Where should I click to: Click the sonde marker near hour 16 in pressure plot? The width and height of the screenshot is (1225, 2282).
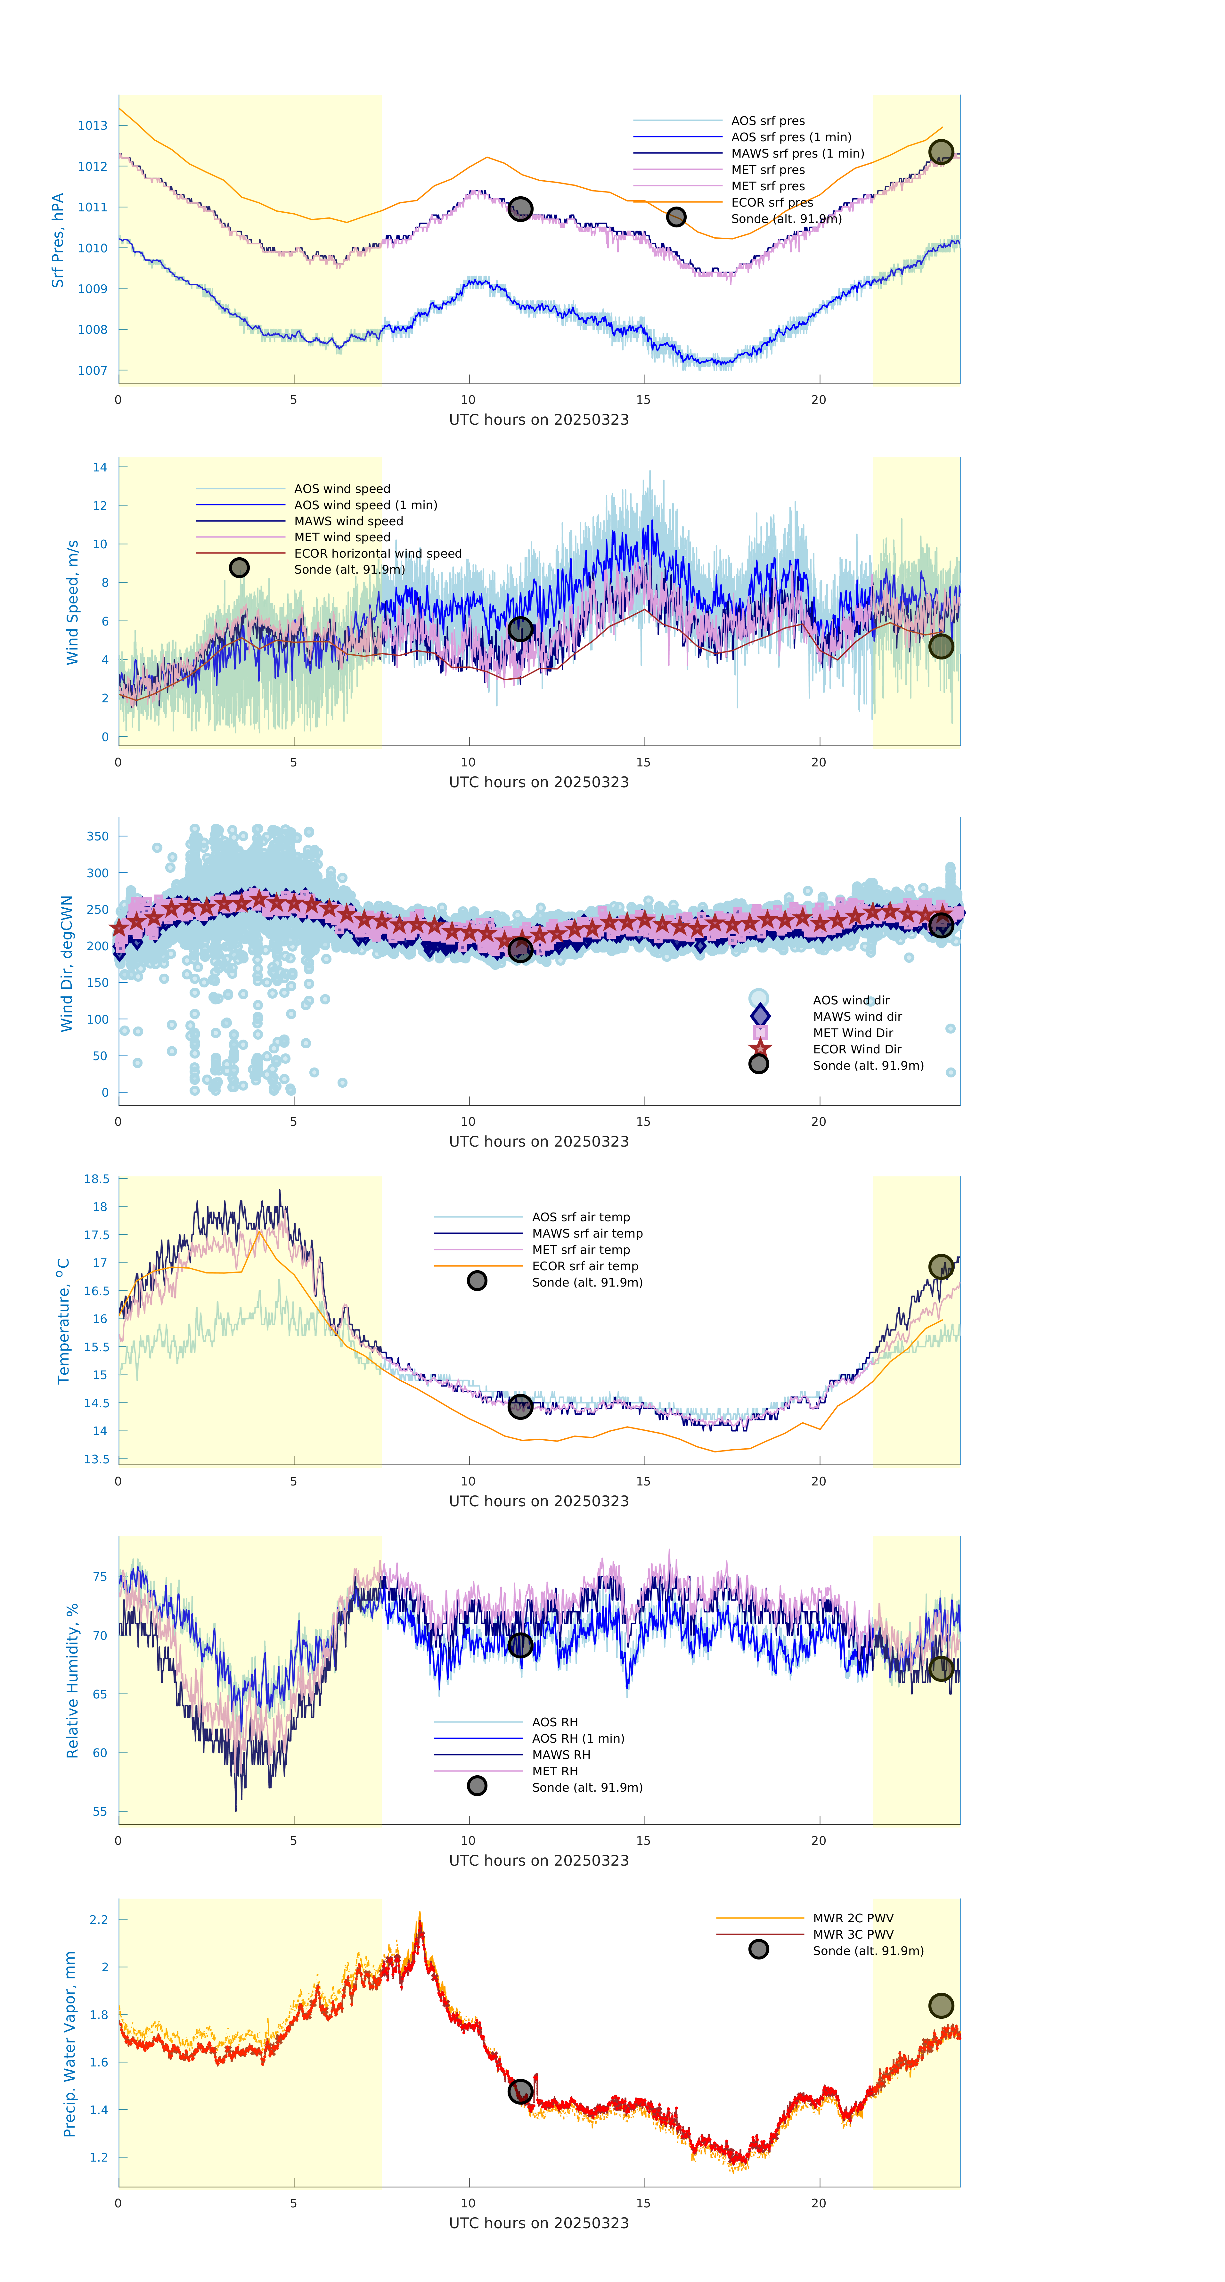click(x=676, y=217)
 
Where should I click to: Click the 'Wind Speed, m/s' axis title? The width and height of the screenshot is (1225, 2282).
click(x=73, y=602)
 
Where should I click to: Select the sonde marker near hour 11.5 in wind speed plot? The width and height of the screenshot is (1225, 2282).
click(x=520, y=629)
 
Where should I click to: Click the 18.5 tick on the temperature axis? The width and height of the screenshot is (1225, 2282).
click(x=96, y=1179)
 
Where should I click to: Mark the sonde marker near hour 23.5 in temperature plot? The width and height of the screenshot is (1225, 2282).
click(x=941, y=1267)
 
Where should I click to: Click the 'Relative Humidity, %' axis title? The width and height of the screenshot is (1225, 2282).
click(x=73, y=1681)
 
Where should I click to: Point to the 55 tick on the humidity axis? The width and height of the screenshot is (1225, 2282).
click(x=100, y=1812)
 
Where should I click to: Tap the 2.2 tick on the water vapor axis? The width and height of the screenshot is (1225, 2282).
click(x=98, y=1920)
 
